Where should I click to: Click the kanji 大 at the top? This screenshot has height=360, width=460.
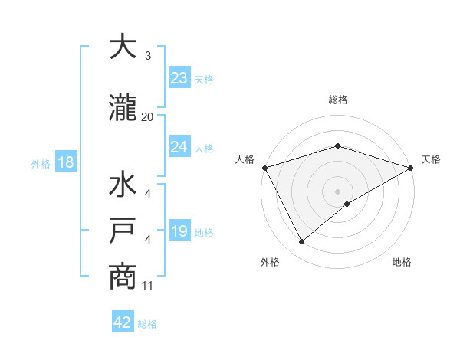tap(123, 47)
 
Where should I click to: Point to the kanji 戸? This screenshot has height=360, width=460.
tap(123, 232)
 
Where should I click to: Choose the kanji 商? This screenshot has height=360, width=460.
tap(123, 277)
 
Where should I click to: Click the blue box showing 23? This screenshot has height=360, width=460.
tap(179, 77)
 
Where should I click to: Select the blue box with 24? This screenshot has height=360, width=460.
tap(179, 147)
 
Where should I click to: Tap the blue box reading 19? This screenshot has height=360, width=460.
tap(179, 231)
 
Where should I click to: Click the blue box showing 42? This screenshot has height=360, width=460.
tap(123, 322)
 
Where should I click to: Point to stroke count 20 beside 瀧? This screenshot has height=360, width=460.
tap(148, 117)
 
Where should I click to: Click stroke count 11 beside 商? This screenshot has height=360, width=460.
tap(148, 286)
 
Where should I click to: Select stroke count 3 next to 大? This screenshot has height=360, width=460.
tap(148, 56)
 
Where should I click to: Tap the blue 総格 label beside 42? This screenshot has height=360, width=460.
tap(147, 324)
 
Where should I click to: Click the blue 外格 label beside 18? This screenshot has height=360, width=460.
tap(40, 163)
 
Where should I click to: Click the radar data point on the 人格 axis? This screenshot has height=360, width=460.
tap(264, 167)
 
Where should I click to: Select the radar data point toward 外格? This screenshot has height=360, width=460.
tap(301, 242)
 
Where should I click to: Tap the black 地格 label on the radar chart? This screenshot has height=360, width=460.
tap(402, 263)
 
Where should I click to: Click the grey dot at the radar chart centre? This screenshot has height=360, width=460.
tap(337, 191)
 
